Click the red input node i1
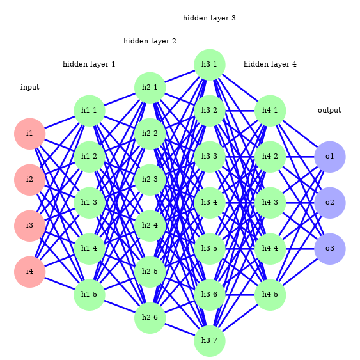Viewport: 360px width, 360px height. point(29,134)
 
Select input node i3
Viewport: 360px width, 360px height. point(29,226)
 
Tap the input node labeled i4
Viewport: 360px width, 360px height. point(29,272)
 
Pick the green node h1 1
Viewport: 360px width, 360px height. point(89,111)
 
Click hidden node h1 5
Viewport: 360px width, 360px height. point(89,295)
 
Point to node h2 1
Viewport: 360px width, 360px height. point(150,88)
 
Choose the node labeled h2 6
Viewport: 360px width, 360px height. point(150,318)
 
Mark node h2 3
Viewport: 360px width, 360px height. point(150,180)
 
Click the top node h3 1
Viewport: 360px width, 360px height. point(209,65)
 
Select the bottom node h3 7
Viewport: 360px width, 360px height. point(209,341)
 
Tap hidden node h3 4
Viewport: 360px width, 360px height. point(209,203)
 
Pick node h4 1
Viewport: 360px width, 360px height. point(270,111)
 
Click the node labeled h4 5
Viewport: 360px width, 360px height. point(270,295)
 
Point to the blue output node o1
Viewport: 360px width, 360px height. point(329,157)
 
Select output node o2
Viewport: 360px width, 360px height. point(329,203)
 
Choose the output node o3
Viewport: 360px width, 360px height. point(329,249)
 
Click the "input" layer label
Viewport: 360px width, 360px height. point(29,88)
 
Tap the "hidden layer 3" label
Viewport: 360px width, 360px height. point(209,19)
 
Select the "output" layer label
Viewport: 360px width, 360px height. point(329,111)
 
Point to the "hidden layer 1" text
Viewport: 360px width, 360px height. point(89,65)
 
